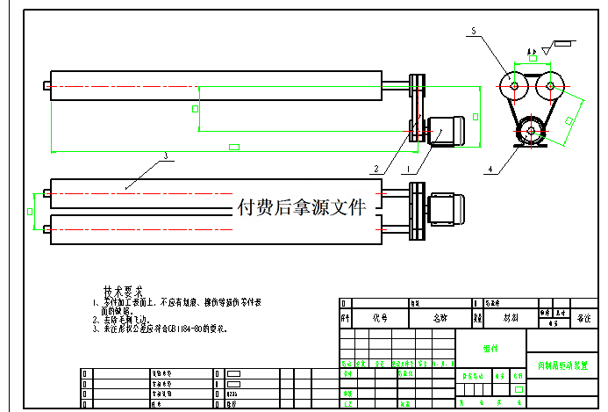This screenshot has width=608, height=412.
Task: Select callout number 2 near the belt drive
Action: tap(376, 169)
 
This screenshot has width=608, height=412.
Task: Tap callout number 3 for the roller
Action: tap(165, 157)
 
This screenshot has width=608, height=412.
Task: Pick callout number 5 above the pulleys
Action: tap(473, 32)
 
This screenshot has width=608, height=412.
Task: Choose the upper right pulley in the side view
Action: tap(549, 86)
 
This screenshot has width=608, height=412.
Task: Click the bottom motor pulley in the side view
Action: tap(529, 133)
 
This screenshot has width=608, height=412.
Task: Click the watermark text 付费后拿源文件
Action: tap(300, 207)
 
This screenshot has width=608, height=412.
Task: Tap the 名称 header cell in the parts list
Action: tap(440, 317)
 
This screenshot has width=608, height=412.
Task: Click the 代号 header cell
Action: tap(380, 317)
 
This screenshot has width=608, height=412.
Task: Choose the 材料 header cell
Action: tap(509, 317)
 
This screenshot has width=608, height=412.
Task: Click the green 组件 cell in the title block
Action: tap(490, 348)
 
